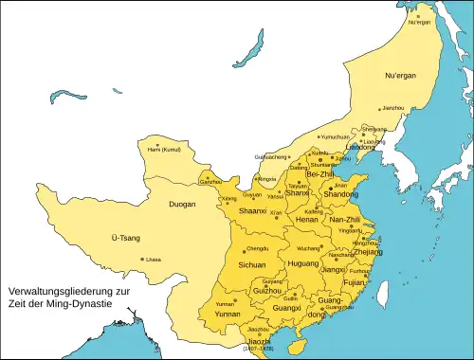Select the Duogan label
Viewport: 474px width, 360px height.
(x=182, y=203)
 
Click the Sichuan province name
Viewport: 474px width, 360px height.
(x=251, y=265)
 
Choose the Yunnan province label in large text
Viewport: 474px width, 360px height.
(x=228, y=314)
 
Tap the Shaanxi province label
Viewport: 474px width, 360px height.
(x=252, y=210)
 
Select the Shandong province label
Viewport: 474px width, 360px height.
(x=342, y=193)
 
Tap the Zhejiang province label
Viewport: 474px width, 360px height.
(x=370, y=253)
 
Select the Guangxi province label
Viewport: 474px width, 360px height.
(x=285, y=307)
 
